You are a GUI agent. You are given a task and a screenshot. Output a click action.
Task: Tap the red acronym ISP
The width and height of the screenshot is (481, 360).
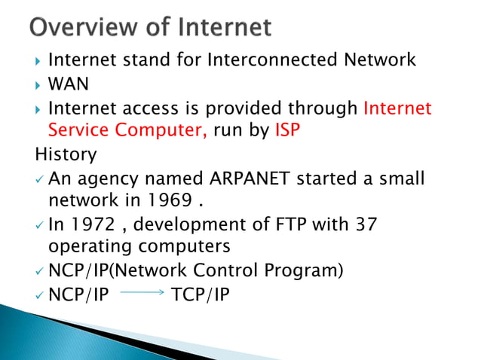click(x=286, y=131)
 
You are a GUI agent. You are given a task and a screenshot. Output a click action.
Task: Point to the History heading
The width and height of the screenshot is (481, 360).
click(x=66, y=155)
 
